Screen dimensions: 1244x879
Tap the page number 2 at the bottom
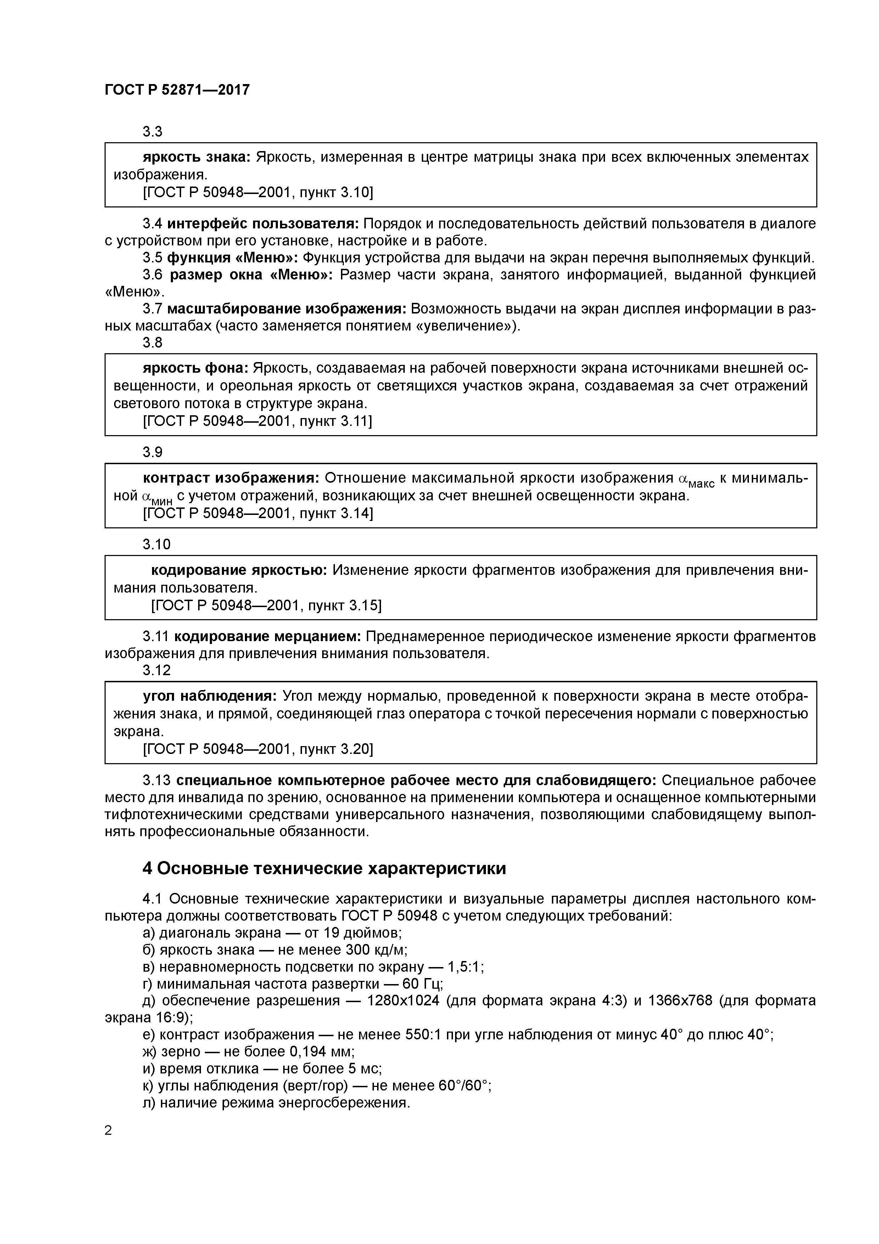coord(108,1131)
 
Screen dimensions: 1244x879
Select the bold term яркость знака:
coord(196,157)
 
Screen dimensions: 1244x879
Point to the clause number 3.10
coord(157,544)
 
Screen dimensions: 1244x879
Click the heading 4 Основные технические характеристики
coord(324,868)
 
